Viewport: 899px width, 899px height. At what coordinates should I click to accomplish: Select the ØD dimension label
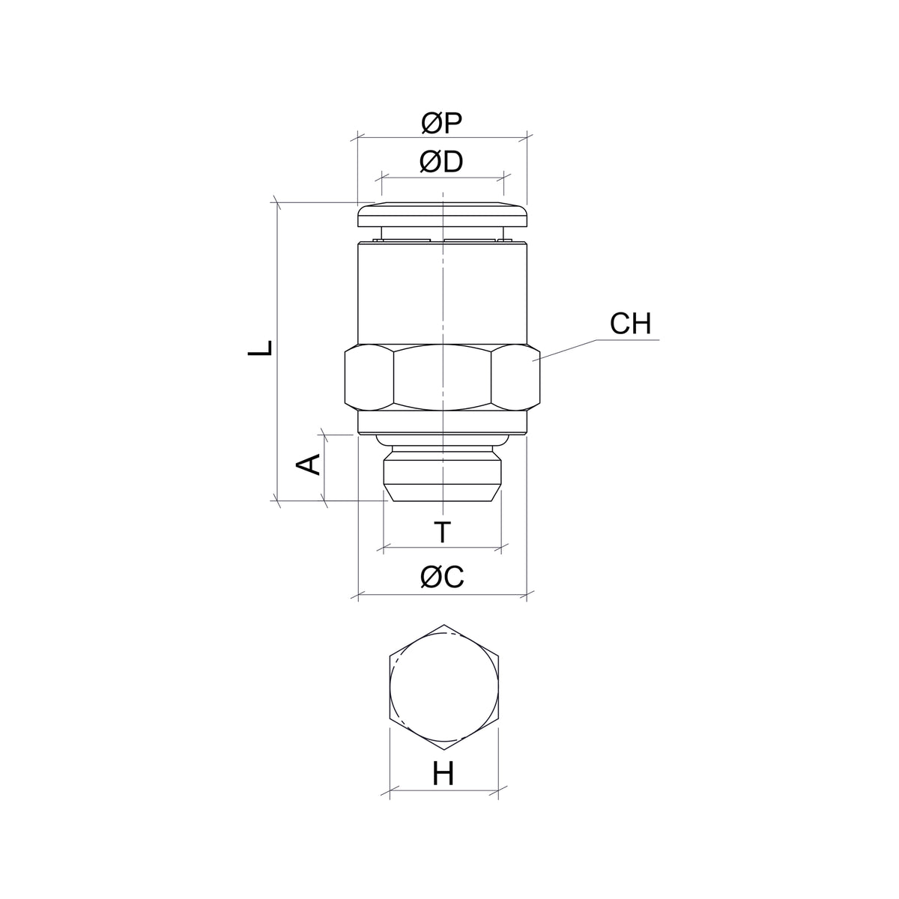(441, 162)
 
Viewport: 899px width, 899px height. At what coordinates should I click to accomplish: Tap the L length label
(260, 348)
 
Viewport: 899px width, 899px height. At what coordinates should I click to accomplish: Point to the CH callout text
(630, 324)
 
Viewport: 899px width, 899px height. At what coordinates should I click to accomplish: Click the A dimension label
(309, 464)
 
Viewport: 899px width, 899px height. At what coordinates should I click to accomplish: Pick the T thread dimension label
(442, 532)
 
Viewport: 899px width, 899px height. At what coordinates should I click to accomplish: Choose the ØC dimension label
(442, 577)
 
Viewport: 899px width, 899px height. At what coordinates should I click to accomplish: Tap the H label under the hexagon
(444, 774)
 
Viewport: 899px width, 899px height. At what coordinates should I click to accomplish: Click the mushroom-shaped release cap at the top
(442, 214)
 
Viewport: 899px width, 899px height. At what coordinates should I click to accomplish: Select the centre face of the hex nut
(442, 378)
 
